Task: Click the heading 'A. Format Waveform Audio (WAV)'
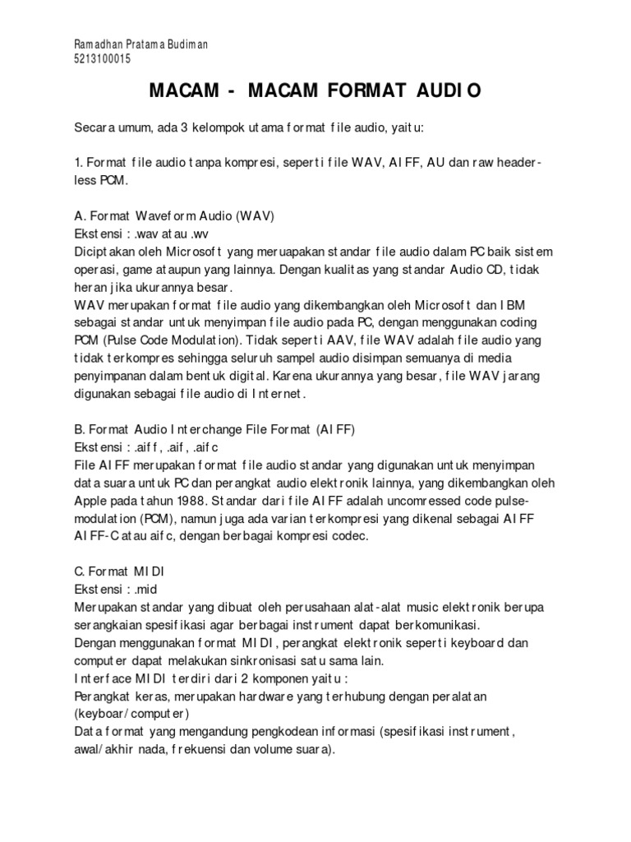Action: [173, 216]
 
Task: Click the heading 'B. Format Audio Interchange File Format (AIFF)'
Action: [214, 430]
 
